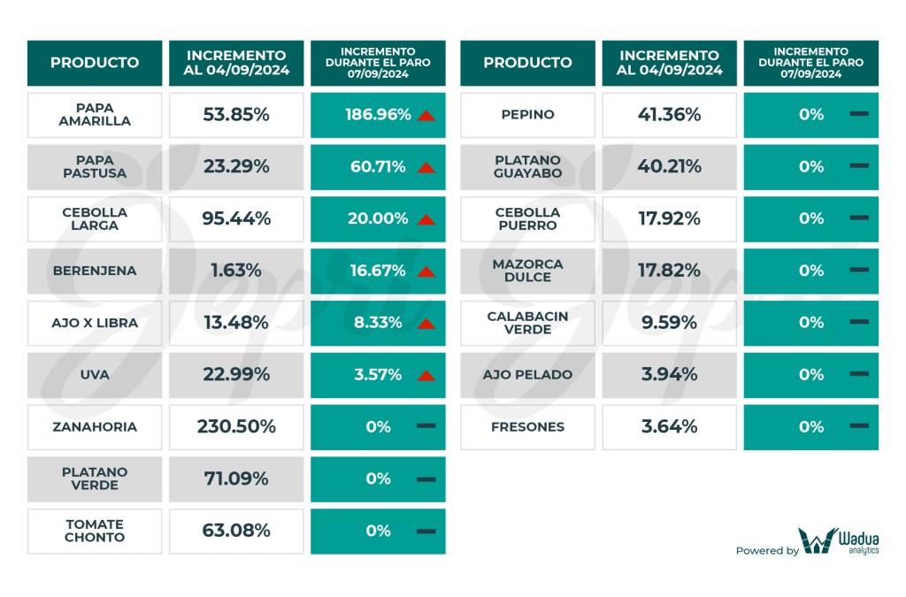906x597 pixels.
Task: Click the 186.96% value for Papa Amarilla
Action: pos(379,115)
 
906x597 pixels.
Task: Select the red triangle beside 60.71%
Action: pos(426,167)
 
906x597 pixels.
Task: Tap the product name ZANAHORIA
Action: pos(95,427)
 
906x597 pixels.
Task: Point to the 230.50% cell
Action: pos(236,427)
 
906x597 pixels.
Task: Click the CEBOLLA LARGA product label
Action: pos(95,218)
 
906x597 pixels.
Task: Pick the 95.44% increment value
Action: pos(236,218)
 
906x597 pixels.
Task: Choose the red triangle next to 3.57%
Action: pos(426,376)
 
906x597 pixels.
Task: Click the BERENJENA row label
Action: pos(95,271)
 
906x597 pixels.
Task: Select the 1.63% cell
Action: pos(236,271)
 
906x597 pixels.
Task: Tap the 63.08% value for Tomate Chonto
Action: pos(236,531)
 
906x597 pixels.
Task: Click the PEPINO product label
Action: pos(527,115)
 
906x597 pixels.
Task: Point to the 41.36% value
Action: pos(669,115)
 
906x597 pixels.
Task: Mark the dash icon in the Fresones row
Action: pos(858,427)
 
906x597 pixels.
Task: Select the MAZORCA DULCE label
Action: pos(527,271)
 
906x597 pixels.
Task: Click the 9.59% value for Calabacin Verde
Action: pos(669,323)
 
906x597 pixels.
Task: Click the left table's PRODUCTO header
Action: pos(95,63)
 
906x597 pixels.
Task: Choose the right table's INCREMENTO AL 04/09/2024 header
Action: pos(669,63)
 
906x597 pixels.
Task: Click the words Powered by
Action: pos(766,551)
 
